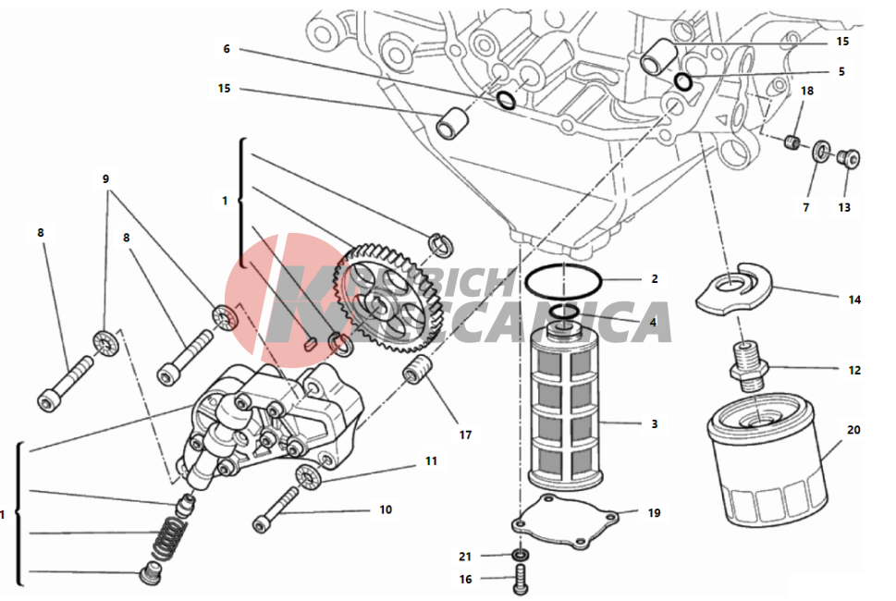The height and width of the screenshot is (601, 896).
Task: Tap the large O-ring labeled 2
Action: tap(564, 277)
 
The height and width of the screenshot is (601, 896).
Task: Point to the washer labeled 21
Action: tap(521, 555)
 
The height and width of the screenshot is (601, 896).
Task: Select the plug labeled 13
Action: tap(846, 158)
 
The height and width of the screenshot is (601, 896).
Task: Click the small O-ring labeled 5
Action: tap(683, 81)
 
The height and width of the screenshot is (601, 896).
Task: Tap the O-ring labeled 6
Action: tap(507, 100)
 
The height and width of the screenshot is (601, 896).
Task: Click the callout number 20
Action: tap(853, 430)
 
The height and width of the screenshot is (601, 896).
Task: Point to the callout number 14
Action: tap(854, 300)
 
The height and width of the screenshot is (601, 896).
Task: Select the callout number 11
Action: tap(431, 460)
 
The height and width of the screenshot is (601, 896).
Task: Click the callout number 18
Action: tap(807, 91)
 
